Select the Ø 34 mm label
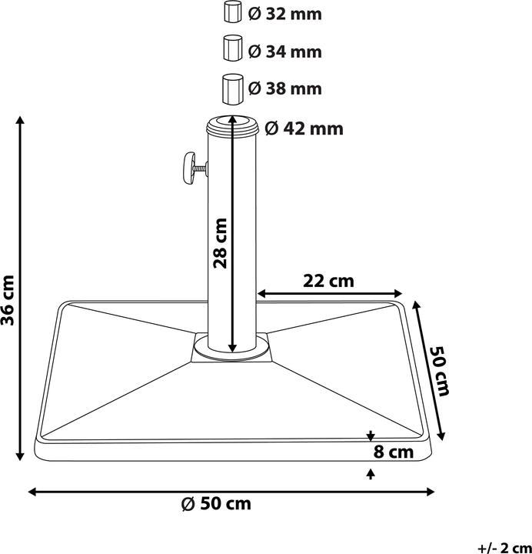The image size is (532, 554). point(284,52)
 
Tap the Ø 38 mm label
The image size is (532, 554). point(284,89)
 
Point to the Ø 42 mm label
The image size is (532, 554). point(304,128)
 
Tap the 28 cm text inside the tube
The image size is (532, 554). point(221,242)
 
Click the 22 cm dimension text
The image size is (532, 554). point(329,281)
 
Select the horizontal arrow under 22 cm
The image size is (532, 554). point(330,293)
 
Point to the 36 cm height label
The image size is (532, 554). point(10,299)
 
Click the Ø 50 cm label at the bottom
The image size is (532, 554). point(216,505)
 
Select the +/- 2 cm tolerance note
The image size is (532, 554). point(502,548)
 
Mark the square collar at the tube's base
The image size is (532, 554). point(231,348)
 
